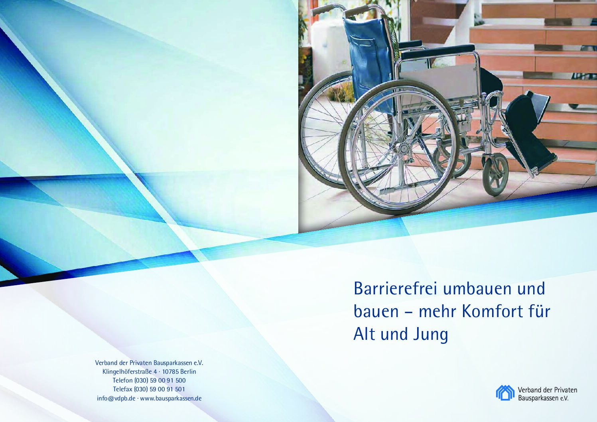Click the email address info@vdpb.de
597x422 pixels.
[x=116, y=398]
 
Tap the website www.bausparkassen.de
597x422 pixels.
[x=171, y=398]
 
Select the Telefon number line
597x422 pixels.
[x=149, y=381]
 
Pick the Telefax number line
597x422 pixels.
[x=149, y=389]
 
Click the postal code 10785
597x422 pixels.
[x=170, y=371]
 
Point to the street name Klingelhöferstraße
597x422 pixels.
[x=127, y=372]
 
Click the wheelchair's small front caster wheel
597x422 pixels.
[x=495, y=175]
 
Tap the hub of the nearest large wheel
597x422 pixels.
[x=404, y=148]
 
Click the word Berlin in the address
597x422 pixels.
[x=188, y=371]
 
